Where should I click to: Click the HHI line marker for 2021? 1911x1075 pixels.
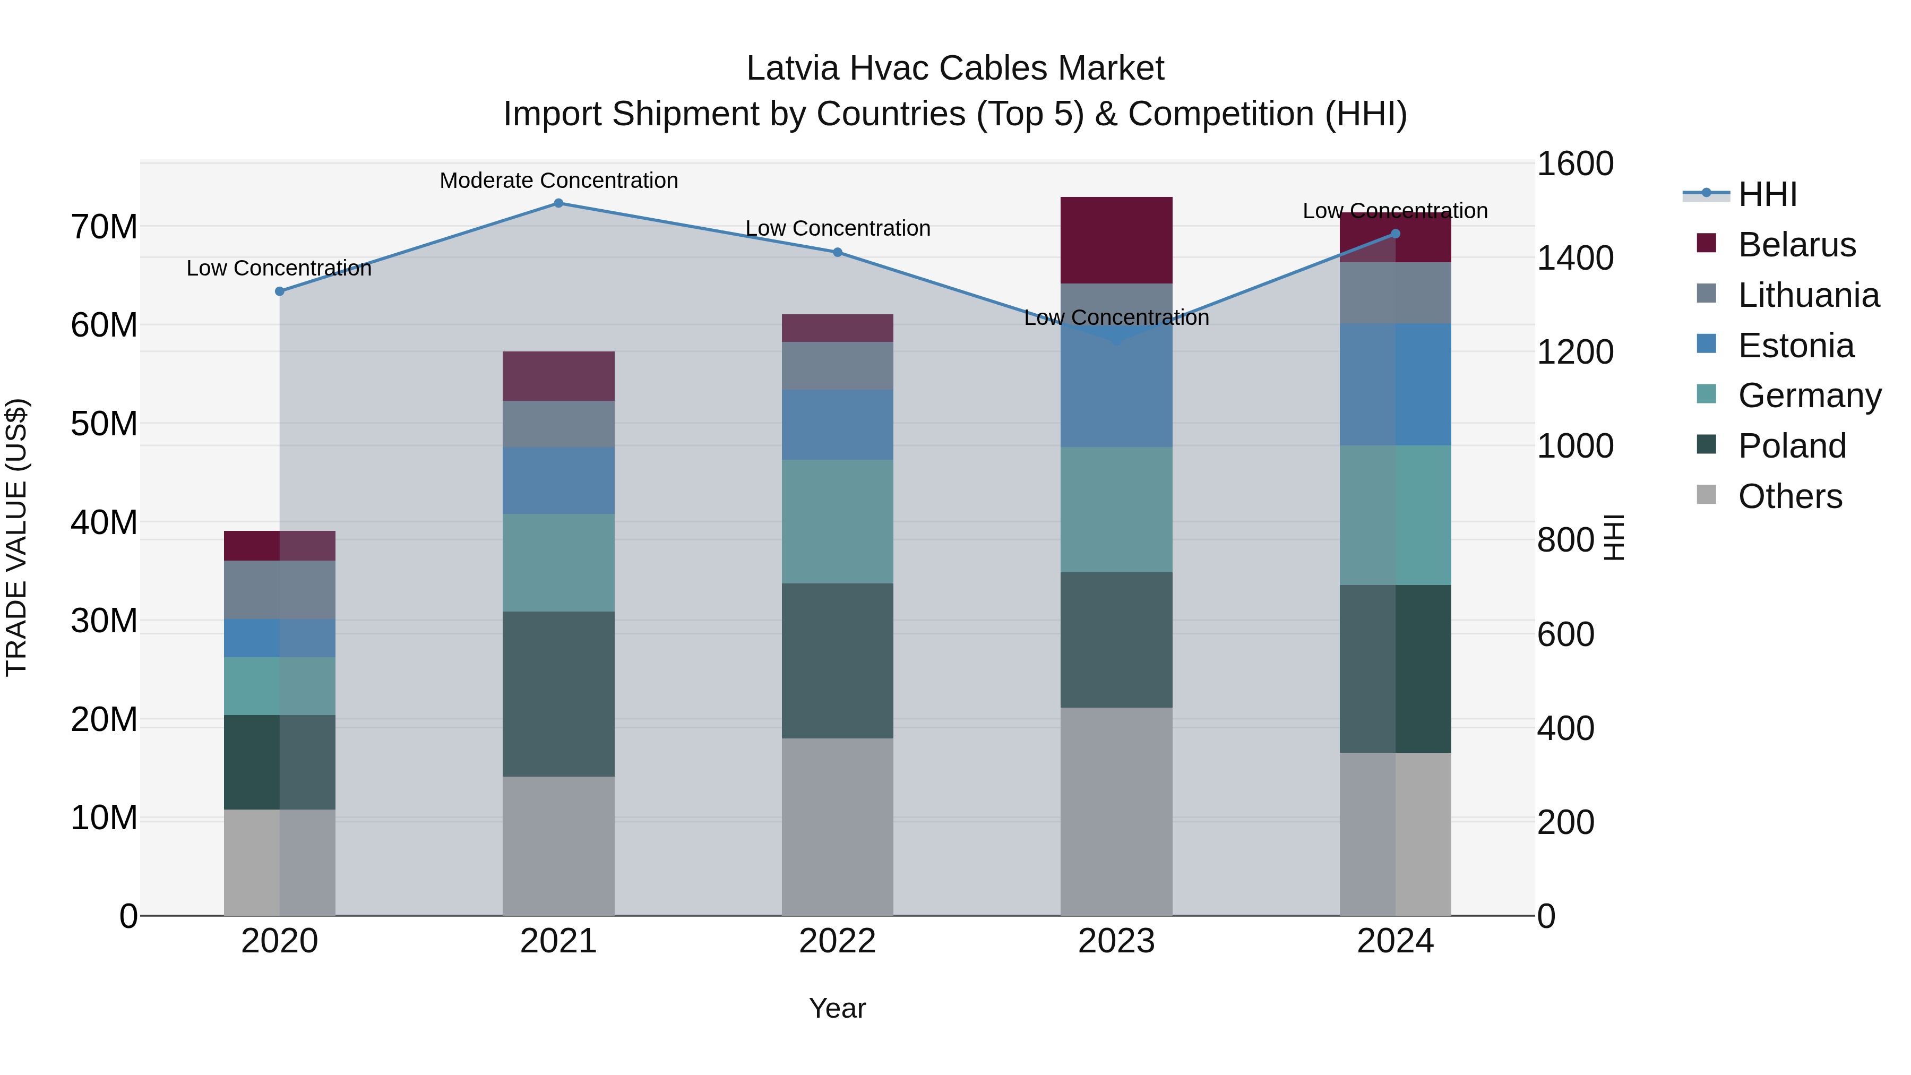[558, 203]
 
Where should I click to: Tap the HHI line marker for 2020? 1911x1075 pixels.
[280, 291]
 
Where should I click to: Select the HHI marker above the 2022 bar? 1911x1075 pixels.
[838, 252]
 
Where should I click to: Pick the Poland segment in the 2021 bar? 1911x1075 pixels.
[558, 694]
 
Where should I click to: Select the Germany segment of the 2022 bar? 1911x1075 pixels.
[838, 521]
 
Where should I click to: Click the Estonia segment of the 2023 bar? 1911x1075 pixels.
[1116, 393]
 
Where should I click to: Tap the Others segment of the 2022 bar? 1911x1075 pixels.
[838, 827]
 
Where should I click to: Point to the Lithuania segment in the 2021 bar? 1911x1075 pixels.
[558, 424]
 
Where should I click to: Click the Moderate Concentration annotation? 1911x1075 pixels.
[558, 180]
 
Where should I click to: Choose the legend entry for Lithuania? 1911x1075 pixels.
[1808, 295]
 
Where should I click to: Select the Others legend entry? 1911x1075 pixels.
[1789, 496]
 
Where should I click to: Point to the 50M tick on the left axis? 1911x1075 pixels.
[104, 424]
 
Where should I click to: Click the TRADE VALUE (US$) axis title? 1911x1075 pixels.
[17, 537]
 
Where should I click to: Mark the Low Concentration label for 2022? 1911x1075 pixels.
[838, 228]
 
